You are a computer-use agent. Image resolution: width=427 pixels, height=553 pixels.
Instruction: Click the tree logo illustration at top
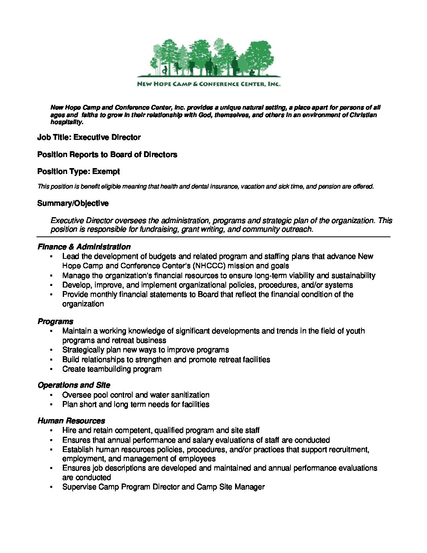(x=209, y=59)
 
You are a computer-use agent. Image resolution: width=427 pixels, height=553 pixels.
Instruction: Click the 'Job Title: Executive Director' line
(x=89, y=137)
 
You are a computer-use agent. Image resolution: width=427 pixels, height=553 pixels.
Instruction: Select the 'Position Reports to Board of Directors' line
(x=107, y=154)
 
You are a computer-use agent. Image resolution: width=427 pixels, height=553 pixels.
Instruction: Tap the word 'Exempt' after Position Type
(x=106, y=171)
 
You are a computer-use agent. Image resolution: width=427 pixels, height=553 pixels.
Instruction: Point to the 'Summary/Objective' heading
(x=73, y=203)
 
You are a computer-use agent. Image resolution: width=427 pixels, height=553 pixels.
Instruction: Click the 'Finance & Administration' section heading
(x=84, y=247)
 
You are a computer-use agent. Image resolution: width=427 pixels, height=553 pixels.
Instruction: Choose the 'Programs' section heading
(x=55, y=321)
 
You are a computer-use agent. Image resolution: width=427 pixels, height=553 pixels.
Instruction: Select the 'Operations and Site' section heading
(x=74, y=385)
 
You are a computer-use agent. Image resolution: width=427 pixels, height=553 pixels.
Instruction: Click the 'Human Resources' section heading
(x=71, y=421)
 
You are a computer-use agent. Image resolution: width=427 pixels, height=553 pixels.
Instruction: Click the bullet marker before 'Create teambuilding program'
(x=51, y=369)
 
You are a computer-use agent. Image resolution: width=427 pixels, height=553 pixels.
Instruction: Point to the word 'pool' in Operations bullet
(x=101, y=395)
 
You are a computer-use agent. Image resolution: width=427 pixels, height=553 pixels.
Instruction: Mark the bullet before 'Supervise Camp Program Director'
(x=51, y=487)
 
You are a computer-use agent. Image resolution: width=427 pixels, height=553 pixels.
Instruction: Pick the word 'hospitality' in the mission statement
(x=66, y=122)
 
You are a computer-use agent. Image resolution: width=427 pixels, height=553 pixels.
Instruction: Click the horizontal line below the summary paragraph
(x=213, y=237)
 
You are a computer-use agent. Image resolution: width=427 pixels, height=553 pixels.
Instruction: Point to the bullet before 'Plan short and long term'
(x=51, y=405)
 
